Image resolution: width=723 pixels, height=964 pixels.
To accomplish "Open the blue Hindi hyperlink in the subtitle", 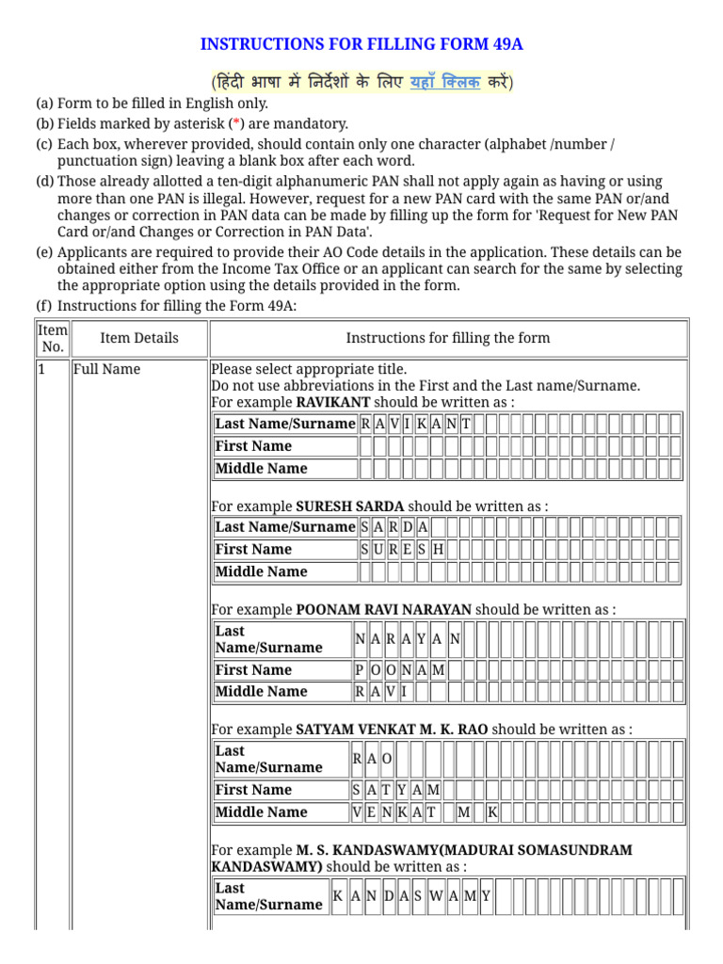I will pyautogui.click(x=445, y=82).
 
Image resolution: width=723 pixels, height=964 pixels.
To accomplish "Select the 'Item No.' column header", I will pyautogui.click(x=53, y=338).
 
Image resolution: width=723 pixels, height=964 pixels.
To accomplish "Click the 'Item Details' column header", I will pyautogui.click(x=138, y=338).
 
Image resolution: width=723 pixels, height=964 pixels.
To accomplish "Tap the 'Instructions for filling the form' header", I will pyautogui.click(x=447, y=338).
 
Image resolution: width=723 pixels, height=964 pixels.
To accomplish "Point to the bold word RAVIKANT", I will pyautogui.click(x=332, y=402).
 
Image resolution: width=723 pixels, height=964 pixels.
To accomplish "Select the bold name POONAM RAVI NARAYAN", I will pyautogui.click(x=383, y=609).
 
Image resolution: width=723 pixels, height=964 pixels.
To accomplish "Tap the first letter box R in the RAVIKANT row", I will pyautogui.click(x=365, y=424).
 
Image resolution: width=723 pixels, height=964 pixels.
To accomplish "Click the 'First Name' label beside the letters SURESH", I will pyautogui.click(x=253, y=549).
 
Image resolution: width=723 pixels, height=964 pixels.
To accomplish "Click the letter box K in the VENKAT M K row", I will pyautogui.click(x=491, y=811).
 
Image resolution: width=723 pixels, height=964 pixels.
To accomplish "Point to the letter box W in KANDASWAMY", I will pyautogui.click(x=436, y=896).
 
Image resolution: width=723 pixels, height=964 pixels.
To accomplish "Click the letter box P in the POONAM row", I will pyautogui.click(x=360, y=669).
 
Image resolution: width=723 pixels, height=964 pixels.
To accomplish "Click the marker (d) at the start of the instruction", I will pyautogui.click(x=44, y=181).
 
